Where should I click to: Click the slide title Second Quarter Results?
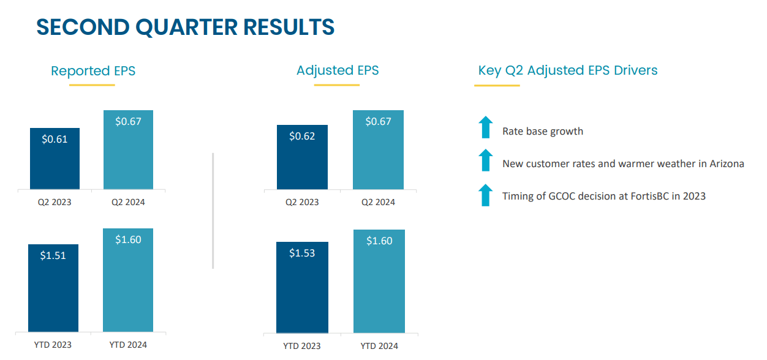click(x=185, y=28)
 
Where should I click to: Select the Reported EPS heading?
click(x=93, y=71)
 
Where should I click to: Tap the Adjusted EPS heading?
click(x=338, y=70)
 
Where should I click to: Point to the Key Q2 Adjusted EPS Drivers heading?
click(x=567, y=70)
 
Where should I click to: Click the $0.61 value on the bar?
click(x=55, y=139)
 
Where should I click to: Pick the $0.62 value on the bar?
click(x=302, y=136)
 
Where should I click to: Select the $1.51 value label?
click(x=53, y=255)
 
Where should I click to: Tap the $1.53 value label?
click(x=302, y=253)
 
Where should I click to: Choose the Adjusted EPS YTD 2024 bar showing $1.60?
click(x=379, y=282)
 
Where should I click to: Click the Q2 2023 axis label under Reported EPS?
click(x=55, y=202)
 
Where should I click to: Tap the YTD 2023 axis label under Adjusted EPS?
click(x=302, y=346)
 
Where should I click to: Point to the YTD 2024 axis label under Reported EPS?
click(x=128, y=345)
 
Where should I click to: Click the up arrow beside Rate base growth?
click(x=485, y=127)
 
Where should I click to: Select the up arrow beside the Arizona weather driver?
click(x=485, y=160)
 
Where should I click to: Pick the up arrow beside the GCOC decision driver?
click(x=485, y=195)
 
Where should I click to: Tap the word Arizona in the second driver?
click(x=725, y=164)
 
